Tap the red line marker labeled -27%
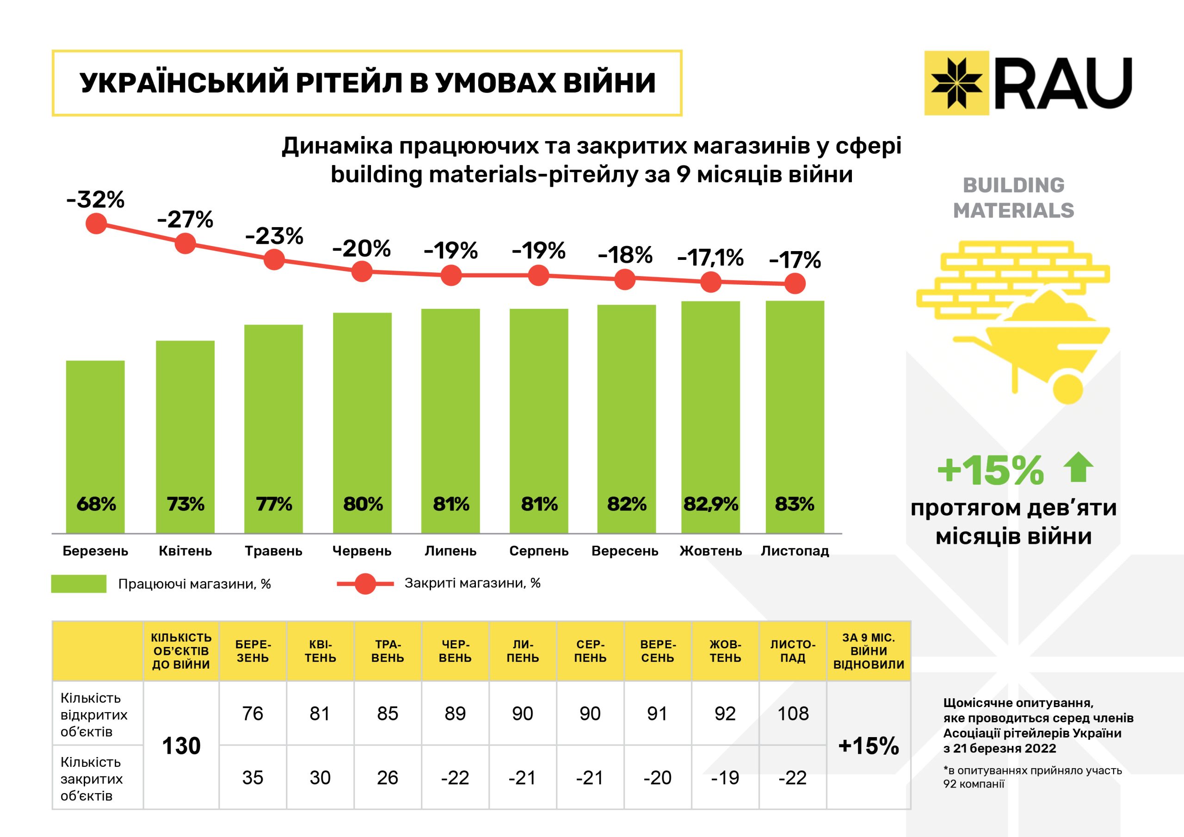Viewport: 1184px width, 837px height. [185, 243]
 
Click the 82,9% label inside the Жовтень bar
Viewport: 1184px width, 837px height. [710, 504]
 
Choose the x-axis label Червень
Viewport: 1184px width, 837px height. [362, 551]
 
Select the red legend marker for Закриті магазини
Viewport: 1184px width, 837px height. [365, 584]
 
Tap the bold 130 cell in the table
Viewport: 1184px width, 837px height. [181, 746]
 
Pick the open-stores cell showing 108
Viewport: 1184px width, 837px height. [793, 713]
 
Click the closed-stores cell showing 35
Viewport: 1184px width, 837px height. [253, 777]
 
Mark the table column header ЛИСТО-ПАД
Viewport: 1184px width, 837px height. [793, 651]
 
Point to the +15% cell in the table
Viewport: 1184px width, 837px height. [869, 746]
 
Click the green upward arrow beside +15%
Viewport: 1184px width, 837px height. [1078, 467]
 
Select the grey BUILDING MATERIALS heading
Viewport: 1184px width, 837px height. [1013, 198]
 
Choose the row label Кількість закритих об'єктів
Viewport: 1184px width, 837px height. [92, 778]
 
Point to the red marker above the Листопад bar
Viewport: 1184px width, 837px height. [795, 283]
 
